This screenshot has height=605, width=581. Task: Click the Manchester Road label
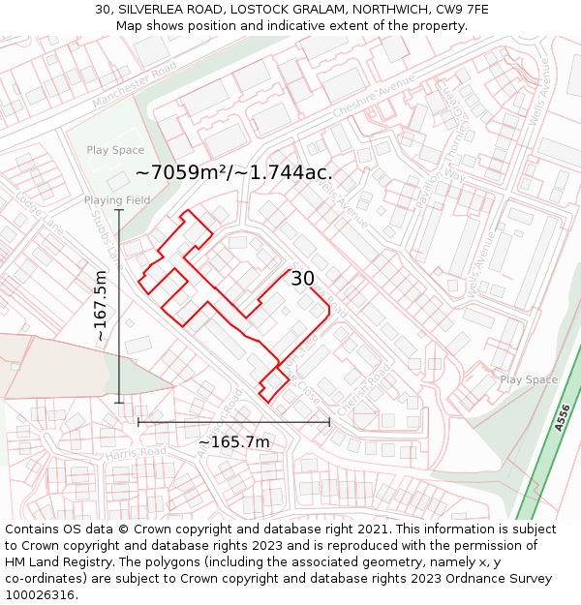(136, 83)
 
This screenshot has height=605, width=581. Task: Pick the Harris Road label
(137, 452)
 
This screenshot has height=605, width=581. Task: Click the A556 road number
(563, 419)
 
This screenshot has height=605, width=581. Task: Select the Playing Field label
(117, 200)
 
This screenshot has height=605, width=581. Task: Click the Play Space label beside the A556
(529, 380)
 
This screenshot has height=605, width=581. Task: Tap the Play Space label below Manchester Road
(115, 150)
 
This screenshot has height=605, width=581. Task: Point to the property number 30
(303, 279)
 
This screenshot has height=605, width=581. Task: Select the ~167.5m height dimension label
(100, 305)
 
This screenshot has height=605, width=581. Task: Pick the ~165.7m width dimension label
(233, 442)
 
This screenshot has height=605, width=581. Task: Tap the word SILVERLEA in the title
(160, 9)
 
